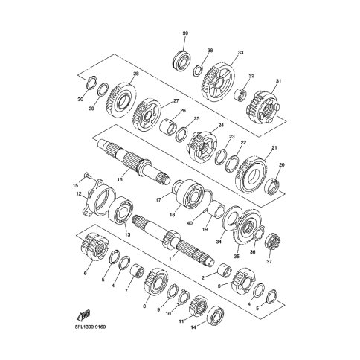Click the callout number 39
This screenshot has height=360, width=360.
[x=185, y=33]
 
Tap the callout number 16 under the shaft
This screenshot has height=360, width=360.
[x=120, y=179]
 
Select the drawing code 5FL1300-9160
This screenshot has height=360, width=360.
[x=90, y=327]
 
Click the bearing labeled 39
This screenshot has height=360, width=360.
[x=182, y=60]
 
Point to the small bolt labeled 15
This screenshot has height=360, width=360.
[x=87, y=176]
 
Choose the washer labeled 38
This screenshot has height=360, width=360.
[x=199, y=71]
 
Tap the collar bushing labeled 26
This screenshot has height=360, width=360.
[x=169, y=127]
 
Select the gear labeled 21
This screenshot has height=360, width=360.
[x=251, y=175]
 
